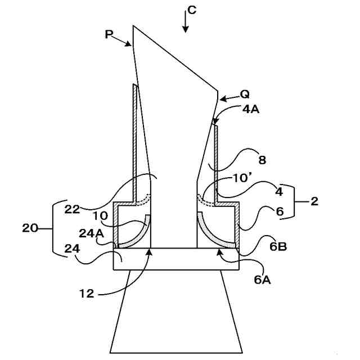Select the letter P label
pos(109,34)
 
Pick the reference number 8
pos(262,160)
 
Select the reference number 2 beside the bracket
pos(314,201)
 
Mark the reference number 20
pos(30,228)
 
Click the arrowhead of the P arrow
pos(130,44)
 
